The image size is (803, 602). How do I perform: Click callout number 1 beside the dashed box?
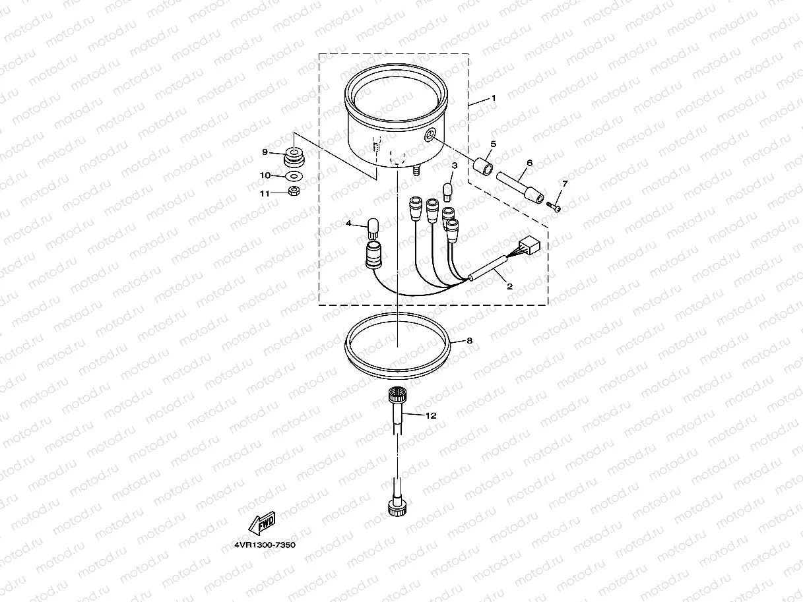494,98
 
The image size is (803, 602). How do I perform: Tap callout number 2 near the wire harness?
509,287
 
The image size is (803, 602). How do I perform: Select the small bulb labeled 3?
448,192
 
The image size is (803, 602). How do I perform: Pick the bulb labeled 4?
373,228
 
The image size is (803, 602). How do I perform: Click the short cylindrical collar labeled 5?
483,166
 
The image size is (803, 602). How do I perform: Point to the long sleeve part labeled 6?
520,187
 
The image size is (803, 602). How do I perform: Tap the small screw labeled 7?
554,206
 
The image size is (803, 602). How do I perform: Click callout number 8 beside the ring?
470,341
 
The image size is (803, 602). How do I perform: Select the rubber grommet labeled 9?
294,157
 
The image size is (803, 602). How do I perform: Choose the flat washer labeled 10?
294,177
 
